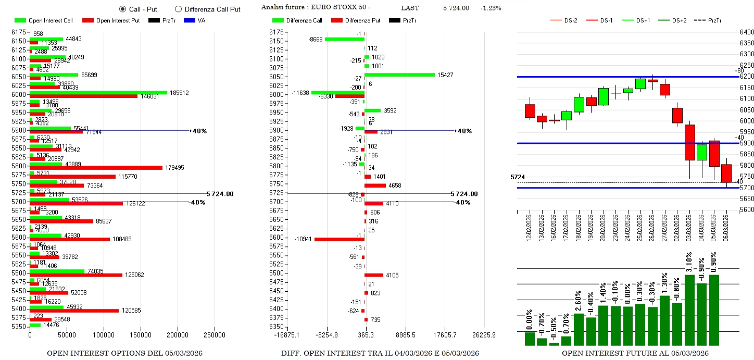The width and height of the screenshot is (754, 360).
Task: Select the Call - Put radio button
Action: pos(123,9)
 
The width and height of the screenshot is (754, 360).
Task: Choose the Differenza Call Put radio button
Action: pos(178,9)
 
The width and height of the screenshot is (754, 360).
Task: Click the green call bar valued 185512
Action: pos(98,93)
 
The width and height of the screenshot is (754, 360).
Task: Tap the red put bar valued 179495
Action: pos(96,168)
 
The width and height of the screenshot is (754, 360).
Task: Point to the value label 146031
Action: pos(150,97)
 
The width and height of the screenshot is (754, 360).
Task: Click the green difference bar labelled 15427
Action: pos(399,75)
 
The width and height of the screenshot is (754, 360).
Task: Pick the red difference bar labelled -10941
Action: pos(339,240)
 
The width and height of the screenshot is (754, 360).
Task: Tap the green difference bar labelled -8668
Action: pos(344,39)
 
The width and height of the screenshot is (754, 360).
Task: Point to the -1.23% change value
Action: pos(491,8)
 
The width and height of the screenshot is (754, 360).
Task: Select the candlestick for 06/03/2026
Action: pos(726,173)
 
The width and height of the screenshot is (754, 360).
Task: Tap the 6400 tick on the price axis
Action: pos(747,32)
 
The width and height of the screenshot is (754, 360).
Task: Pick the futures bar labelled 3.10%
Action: pos(689,310)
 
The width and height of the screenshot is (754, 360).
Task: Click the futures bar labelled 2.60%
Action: pos(579,329)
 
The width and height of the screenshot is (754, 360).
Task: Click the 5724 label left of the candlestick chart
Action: pos(517,178)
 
